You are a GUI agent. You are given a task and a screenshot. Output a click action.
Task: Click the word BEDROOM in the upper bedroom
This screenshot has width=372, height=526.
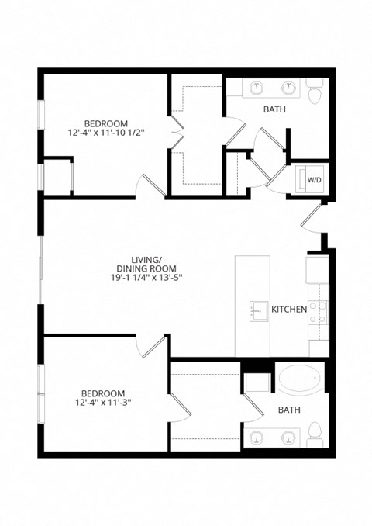[106, 123]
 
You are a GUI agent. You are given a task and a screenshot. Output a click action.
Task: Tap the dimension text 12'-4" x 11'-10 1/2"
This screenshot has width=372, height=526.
[106, 133]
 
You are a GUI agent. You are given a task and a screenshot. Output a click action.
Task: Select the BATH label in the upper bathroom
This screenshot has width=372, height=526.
[274, 109]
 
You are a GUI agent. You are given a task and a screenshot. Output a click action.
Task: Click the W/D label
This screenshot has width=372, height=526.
[315, 179]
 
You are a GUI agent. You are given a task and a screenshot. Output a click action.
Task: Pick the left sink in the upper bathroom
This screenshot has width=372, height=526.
[257, 88]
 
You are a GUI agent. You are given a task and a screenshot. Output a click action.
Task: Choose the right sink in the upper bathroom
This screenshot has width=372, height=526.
[288, 88]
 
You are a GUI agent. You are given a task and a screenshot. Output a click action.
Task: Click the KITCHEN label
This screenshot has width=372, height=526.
[289, 310]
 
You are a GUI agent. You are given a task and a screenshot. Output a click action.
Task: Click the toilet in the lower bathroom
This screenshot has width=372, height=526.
[315, 431]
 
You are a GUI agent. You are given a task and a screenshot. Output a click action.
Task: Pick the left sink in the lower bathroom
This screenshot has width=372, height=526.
[257, 438]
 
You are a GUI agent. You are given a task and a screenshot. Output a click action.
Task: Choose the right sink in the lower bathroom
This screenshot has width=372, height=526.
[288, 438]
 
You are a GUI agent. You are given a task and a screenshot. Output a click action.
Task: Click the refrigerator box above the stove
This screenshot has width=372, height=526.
[317, 269]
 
